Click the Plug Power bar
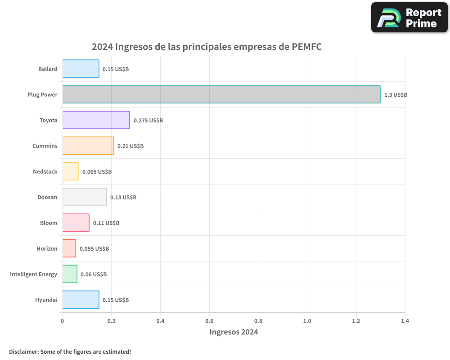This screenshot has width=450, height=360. point(221,94)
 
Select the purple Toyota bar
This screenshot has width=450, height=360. point(96,120)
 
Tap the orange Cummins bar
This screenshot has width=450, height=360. point(88,146)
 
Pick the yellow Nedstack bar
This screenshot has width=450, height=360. point(70,171)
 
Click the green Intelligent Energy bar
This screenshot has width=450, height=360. point(70,274)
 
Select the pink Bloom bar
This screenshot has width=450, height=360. point(76,223)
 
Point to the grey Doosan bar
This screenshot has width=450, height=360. point(84,197)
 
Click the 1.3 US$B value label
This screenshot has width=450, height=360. point(396,95)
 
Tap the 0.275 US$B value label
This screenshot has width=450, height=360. point(148,121)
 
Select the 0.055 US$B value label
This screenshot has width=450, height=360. point(94,249)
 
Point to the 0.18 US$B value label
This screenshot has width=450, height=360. point(123,198)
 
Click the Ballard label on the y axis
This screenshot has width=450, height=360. point(48,69)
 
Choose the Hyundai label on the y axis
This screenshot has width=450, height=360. point(46,300)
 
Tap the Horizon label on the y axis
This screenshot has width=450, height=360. point(47,248)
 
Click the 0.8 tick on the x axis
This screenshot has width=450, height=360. point(258,321)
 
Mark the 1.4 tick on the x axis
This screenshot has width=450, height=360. point(405,321)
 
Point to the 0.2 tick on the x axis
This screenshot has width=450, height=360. point(111,321)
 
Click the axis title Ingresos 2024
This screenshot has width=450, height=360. point(234,332)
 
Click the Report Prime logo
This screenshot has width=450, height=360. point(409,18)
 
